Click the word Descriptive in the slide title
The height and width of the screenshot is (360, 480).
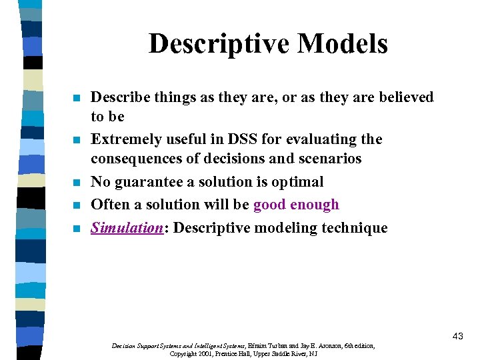(213, 44)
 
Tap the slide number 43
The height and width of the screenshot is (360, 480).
(457, 336)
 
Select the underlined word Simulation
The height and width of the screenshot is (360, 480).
(127, 228)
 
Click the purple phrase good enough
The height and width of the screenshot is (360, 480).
(296, 205)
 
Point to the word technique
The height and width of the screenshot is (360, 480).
(354, 228)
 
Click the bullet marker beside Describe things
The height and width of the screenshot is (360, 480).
(77, 99)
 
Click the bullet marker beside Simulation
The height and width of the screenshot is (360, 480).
(77, 229)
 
